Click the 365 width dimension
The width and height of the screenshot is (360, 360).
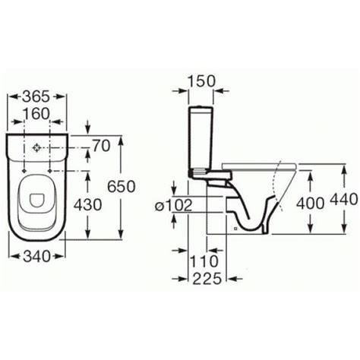(x=36, y=96)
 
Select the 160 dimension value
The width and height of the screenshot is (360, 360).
(x=36, y=114)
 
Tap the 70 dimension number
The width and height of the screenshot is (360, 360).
(x=101, y=146)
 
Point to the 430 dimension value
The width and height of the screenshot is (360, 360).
(x=88, y=204)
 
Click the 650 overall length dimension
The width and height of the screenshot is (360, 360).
(x=122, y=187)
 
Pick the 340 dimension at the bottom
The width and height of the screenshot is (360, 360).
(x=36, y=257)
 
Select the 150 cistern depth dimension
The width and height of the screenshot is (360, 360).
(x=201, y=81)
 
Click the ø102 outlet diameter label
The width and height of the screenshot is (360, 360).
(x=174, y=205)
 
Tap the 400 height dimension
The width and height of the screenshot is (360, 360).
(x=310, y=204)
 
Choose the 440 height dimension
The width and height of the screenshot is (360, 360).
(x=344, y=199)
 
